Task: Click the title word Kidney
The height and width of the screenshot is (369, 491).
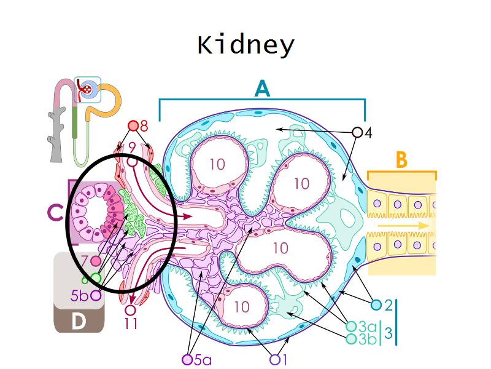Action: tap(245, 46)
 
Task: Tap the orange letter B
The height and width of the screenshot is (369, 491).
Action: tap(401, 161)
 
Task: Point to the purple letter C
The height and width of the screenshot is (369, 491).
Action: tap(55, 213)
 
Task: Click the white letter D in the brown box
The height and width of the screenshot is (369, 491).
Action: tap(78, 322)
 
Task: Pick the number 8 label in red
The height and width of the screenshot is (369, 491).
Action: tap(144, 127)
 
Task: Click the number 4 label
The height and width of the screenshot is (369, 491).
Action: tap(368, 132)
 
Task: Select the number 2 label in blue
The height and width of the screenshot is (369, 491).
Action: tap(388, 304)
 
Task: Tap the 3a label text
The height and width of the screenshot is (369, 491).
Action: tap(368, 327)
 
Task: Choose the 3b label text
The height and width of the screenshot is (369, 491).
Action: tap(368, 339)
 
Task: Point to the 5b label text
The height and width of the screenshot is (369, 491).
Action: tap(80, 296)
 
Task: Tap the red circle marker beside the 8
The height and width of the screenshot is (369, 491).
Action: tap(133, 126)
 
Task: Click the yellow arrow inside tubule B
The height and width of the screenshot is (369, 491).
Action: tap(403, 226)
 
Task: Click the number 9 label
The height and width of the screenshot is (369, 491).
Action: tap(132, 148)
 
